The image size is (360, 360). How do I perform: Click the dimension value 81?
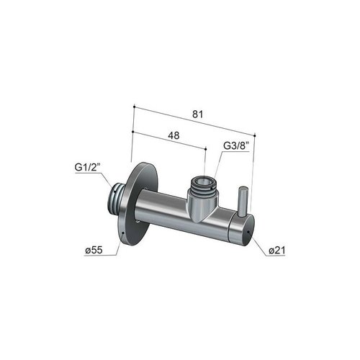pos(197,112)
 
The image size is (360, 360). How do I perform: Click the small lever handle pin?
pos(243,199)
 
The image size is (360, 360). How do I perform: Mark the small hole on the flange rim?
pos(125,234)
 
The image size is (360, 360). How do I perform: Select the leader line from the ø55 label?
pos(115,247)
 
